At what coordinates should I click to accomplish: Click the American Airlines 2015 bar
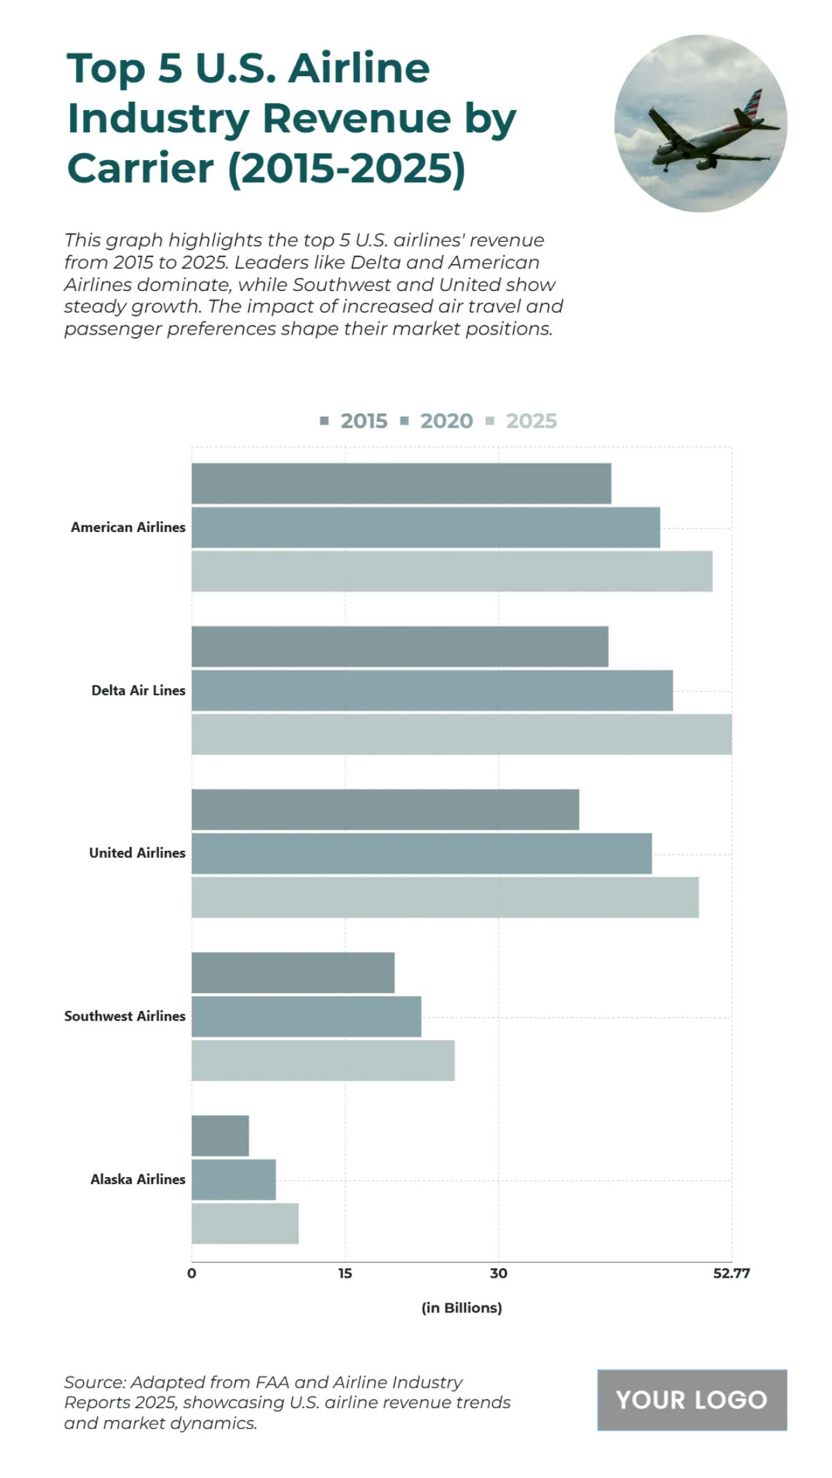(401, 483)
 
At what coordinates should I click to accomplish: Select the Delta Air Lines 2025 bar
(461, 734)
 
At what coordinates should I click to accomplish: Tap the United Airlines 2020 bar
(421, 853)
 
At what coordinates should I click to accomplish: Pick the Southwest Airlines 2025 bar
(322, 1059)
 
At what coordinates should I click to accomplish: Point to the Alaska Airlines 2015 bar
(220, 1135)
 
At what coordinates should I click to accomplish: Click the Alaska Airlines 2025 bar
(245, 1223)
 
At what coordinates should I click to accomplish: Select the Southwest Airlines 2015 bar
(293, 972)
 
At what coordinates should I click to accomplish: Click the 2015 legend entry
(354, 421)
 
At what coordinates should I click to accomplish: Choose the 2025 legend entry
(522, 421)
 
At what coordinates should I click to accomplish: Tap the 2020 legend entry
(437, 421)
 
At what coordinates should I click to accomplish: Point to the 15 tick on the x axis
(345, 1273)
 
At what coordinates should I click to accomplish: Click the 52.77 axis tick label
(731, 1273)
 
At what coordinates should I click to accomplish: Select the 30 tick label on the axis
(498, 1273)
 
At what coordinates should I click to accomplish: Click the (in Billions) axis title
(461, 1308)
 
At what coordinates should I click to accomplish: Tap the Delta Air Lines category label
(138, 690)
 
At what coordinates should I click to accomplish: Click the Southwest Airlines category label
(125, 1016)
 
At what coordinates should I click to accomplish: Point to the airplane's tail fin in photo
(752, 104)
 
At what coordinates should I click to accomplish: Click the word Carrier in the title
(141, 168)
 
